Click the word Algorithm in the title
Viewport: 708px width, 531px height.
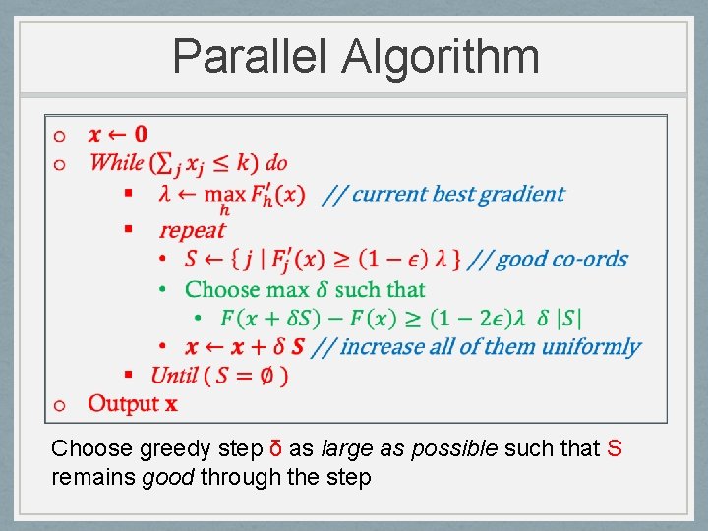pyautogui.click(x=441, y=56)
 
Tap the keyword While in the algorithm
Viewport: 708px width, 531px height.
pyautogui.click(x=115, y=162)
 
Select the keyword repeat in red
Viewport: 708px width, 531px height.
pyautogui.click(x=192, y=230)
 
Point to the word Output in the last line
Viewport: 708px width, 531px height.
pyautogui.click(x=123, y=403)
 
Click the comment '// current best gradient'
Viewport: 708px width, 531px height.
pyautogui.click(x=444, y=194)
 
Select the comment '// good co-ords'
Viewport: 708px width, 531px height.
pyautogui.click(x=548, y=260)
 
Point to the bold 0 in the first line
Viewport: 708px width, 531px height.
pyautogui.click(x=141, y=134)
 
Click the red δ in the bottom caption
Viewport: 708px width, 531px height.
pyautogui.click(x=276, y=449)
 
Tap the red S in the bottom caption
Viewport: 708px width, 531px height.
pyautogui.click(x=615, y=449)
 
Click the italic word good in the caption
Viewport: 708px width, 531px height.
pyautogui.click(x=164, y=478)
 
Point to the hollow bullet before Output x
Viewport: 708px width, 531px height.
pyautogui.click(x=60, y=404)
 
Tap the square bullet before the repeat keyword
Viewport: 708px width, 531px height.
pyautogui.click(x=128, y=229)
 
